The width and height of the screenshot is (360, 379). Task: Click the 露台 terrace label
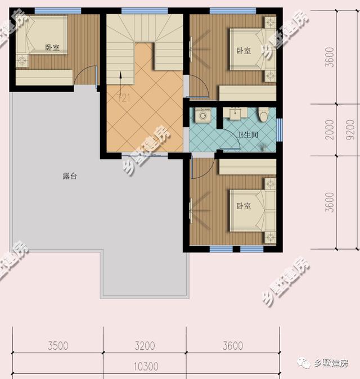tap(70, 177)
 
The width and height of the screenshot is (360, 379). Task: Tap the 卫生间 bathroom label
tap(248, 134)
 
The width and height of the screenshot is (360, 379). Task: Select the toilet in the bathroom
tap(263, 115)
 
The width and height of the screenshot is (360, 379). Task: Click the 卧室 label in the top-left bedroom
tap(53, 47)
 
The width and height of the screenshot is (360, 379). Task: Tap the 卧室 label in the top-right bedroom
tap(244, 51)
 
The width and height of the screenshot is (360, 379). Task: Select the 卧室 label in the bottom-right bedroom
tap(243, 206)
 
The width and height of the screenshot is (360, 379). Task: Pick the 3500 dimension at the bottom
tap(58, 345)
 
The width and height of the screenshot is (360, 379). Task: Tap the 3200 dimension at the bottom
tap(145, 345)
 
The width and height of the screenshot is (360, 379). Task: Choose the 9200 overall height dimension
tap(350, 130)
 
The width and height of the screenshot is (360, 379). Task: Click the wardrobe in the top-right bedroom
tap(247, 92)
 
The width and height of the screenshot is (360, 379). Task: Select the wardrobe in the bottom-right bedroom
tap(247, 166)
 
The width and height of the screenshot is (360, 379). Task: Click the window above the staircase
tap(145, 11)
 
